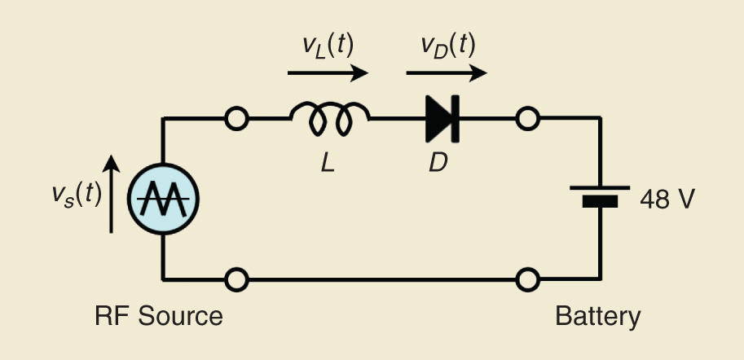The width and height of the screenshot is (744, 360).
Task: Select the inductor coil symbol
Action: [329, 121]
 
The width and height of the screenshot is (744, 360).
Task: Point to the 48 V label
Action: [667, 199]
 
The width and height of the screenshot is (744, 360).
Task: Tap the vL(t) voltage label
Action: [324, 46]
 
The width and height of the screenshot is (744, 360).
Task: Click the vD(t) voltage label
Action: [447, 46]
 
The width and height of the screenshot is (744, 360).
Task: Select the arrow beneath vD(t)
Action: [447, 73]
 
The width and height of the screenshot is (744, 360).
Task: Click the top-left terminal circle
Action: [236, 119]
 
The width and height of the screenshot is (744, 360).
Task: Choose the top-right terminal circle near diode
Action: [527, 119]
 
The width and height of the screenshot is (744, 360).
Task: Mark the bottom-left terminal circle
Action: [236, 279]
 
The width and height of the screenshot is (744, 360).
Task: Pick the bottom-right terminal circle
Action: [527, 279]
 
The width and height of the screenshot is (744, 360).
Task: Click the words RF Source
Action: [158, 315]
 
